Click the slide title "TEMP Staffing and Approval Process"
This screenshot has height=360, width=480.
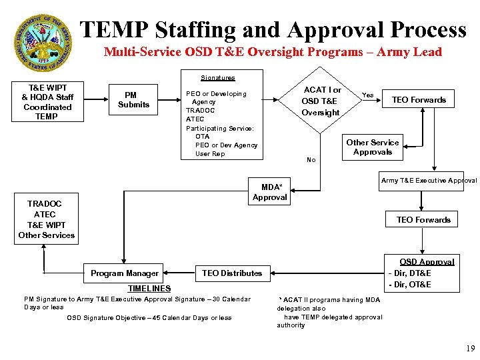click(273, 30)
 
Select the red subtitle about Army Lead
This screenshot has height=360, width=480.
click(273, 52)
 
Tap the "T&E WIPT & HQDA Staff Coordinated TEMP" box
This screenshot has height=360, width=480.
click(47, 102)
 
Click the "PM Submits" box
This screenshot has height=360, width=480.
click(134, 99)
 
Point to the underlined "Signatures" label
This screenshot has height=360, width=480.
click(217, 78)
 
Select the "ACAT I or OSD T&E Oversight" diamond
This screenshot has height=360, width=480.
click(321, 101)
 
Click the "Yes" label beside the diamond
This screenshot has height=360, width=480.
click(367, 95)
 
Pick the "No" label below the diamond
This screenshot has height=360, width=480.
click(311, 160)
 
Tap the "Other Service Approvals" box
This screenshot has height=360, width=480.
click(372, 147)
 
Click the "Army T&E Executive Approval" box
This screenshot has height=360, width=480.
click(429, 181)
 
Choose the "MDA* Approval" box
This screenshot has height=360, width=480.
click(270, 192)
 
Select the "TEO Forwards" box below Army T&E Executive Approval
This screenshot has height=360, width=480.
click(423, 219)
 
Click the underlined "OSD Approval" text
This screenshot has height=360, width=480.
click(427, 262)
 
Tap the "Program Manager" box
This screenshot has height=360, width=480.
click(125, 273)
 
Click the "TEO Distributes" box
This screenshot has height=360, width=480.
click(232, 273)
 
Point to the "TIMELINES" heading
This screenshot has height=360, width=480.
click(149, 288)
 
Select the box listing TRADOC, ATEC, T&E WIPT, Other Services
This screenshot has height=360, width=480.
click(47, 219)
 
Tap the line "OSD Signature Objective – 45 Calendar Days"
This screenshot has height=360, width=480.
click(149, 318)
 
